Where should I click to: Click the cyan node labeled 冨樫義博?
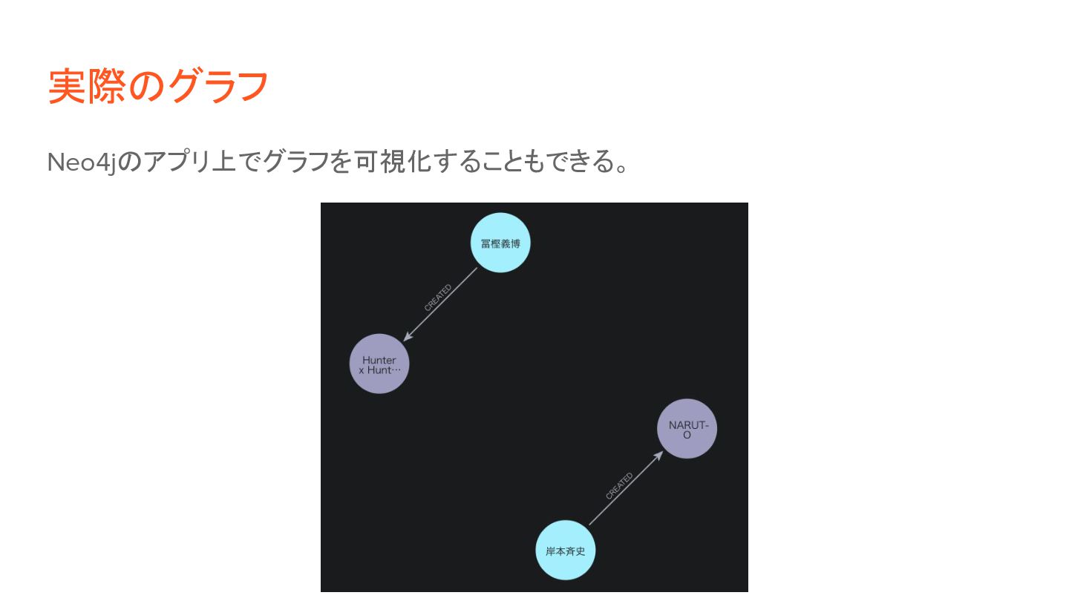pyautogui.click(x=500, y=243)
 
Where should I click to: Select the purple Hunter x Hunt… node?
pyautogui.click(x=379, y=364)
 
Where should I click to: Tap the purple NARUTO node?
pyautogui.click(x=687, y=429)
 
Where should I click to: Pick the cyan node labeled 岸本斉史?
pyautogui.click(x=566, y=551)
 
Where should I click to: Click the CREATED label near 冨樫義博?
pyautogui.click(x=437, y=298)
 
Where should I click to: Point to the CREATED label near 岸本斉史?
pyautogui.click(x=619, y=487)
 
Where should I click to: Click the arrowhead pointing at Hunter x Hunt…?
pyautogui.click(x=407, y=338)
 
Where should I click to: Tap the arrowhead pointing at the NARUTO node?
pyautogui.click(x=658, y=455)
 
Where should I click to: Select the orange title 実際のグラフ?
pyautogui.click(x=157, y=86)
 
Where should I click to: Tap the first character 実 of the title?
pyautogui.click(x=67, y=86)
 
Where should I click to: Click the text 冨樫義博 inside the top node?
pyautogui.click(x=500, y=243)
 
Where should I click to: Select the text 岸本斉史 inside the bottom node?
pyautogui.click(x=566, y=551)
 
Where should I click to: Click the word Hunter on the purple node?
pyautogui.click(x=379, y=361)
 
